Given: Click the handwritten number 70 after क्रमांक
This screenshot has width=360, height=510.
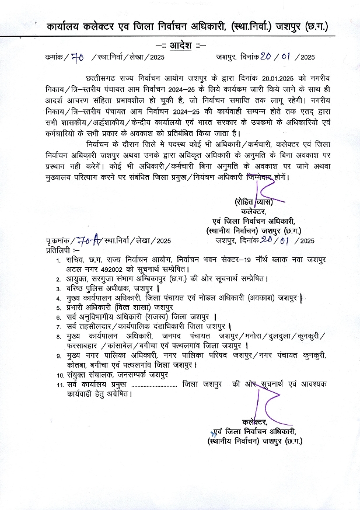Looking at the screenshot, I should (78, 57).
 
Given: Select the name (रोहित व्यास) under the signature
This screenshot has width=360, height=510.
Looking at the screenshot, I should (256, 202).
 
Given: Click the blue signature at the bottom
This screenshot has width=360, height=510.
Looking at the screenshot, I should (261, 403).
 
